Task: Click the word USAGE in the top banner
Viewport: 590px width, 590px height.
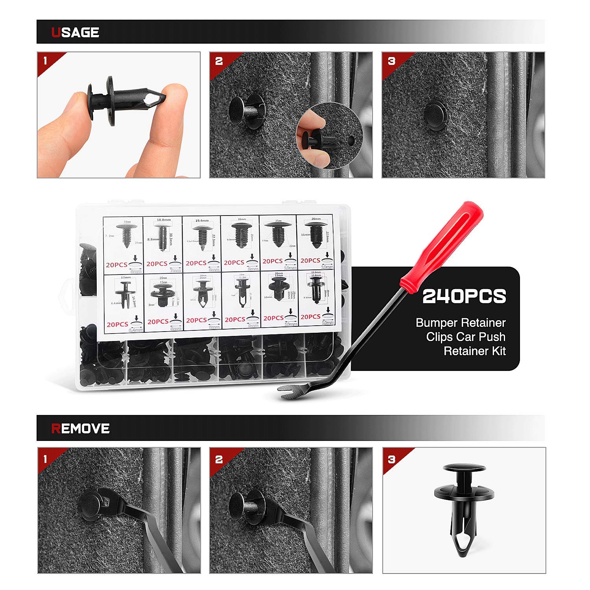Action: pos(75,32)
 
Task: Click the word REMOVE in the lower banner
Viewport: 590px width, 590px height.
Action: pos(80,428)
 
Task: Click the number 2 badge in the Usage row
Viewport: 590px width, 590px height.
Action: pos(219,61)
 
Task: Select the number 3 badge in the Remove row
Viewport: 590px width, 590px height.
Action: pos(391,459)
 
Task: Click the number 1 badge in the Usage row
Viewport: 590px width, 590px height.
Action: pos(46,61)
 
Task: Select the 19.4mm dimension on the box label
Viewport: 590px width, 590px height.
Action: pos(202,221)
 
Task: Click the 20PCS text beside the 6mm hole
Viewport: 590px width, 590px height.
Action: pos(116,265)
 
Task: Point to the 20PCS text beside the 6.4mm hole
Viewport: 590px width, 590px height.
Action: pos(117,324)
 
